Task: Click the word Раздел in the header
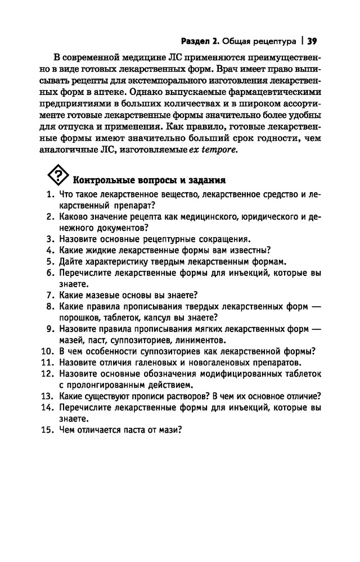pos(197,40)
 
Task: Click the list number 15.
pos(46,430)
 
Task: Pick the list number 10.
pos(46,351)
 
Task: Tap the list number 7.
pos(48,295)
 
